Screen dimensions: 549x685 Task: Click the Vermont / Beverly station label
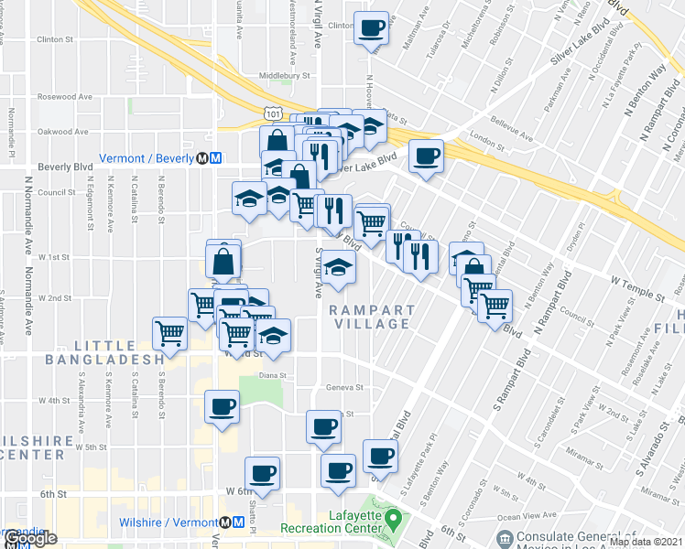(147, 157)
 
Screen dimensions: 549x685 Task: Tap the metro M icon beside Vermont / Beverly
(215, 157)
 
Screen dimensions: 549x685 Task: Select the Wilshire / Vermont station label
(164, 522)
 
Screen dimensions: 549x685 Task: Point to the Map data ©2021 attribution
(646, 542)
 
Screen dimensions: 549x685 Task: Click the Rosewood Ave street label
(66, 96)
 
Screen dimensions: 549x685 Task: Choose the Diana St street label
(274, 375)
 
